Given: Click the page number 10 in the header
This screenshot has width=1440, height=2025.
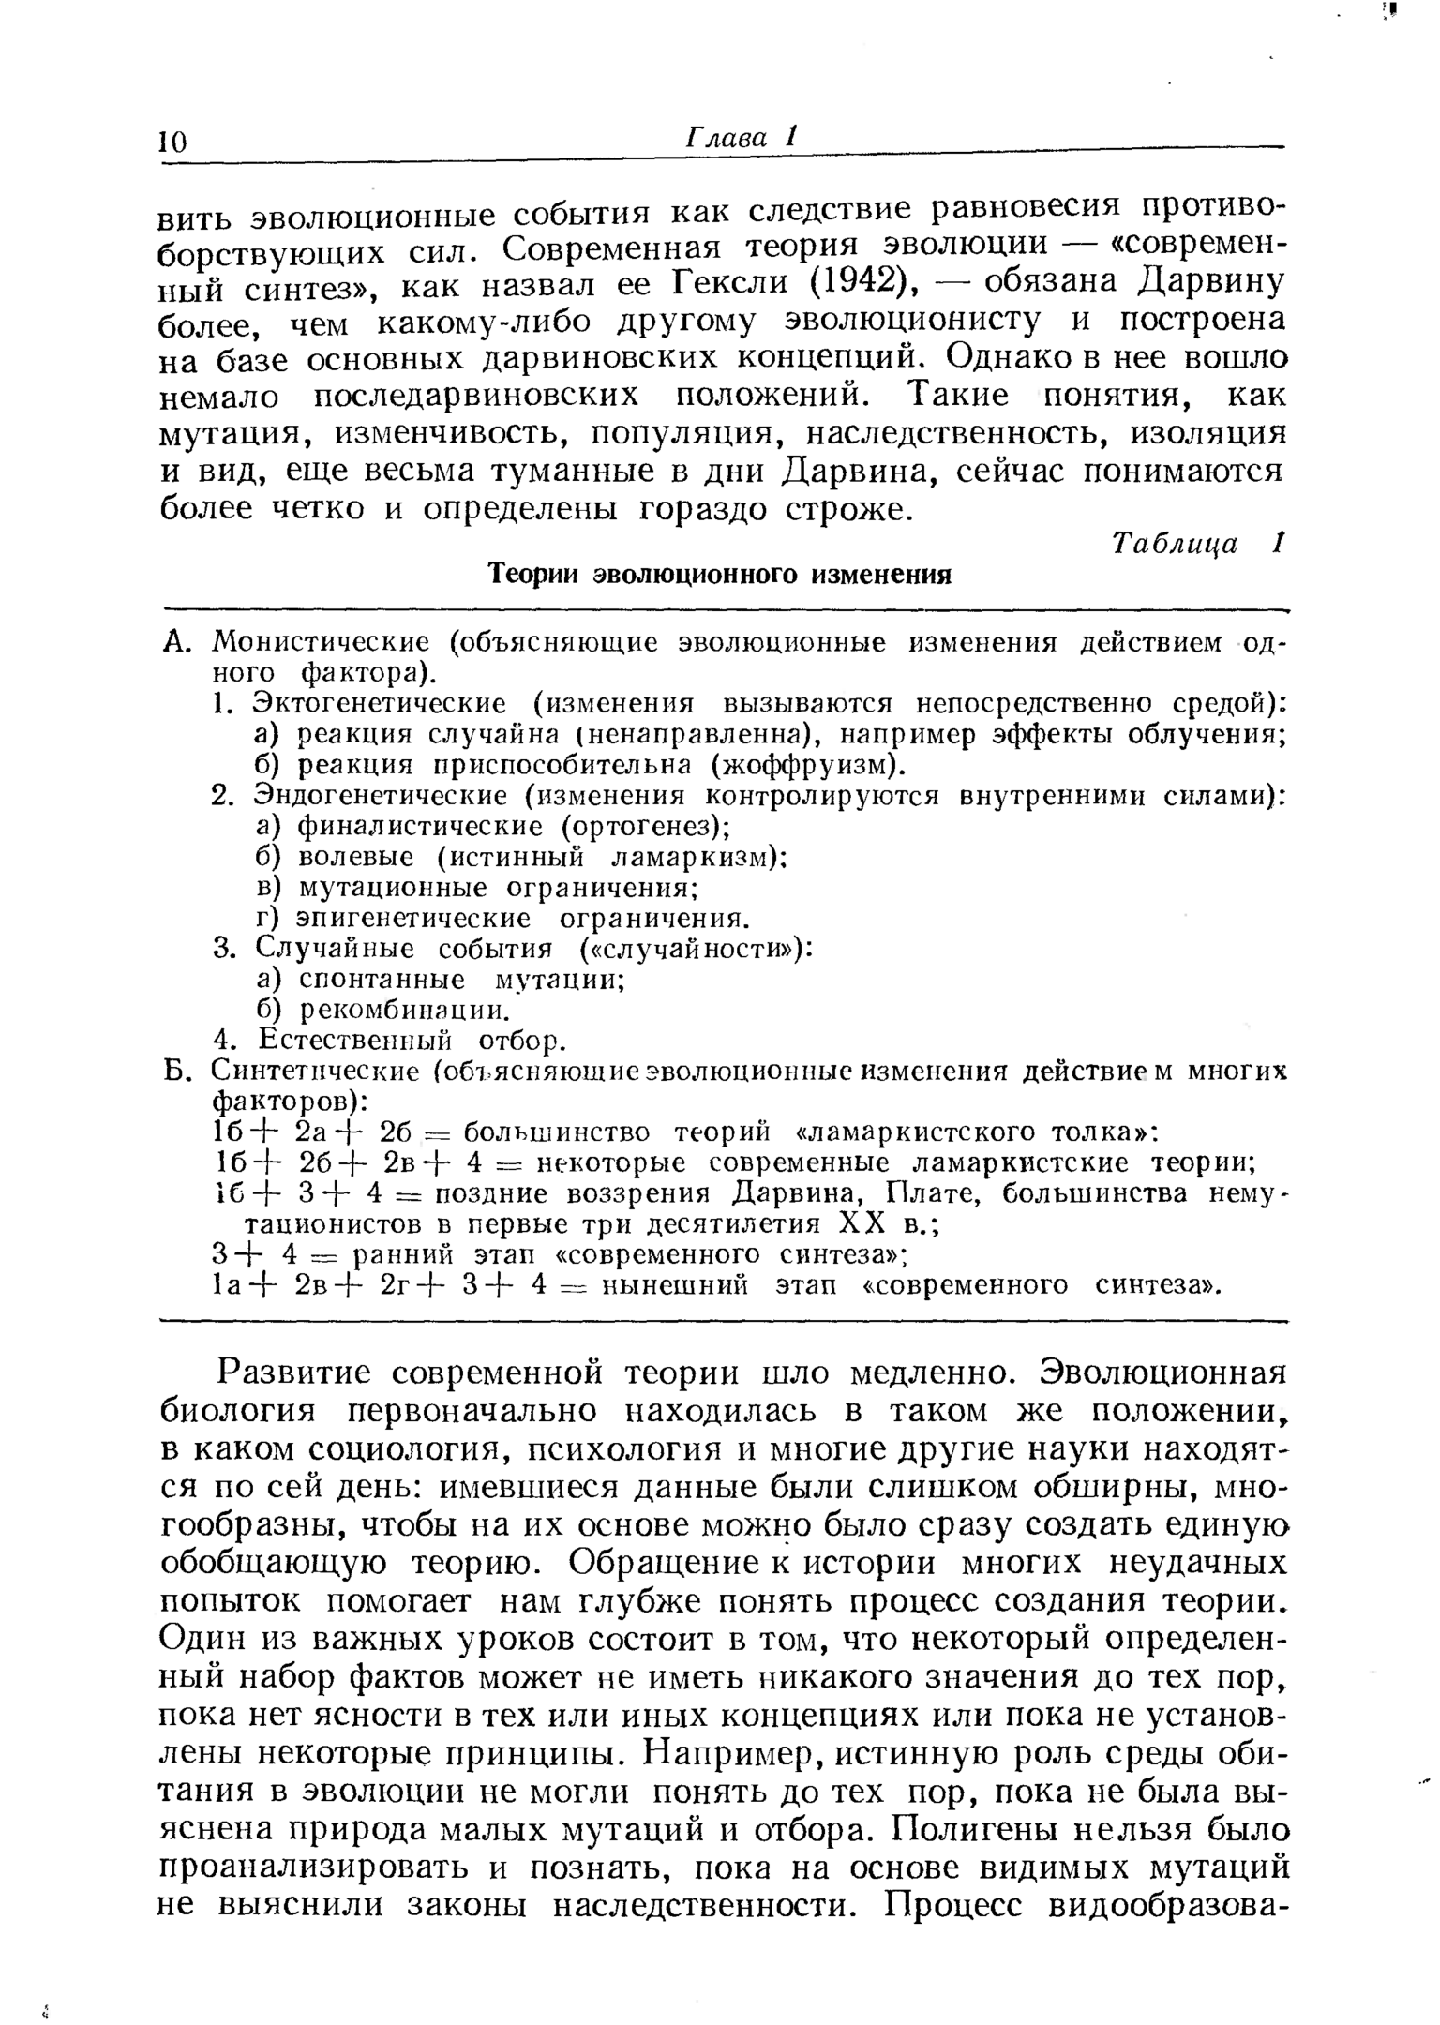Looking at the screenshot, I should pos(173,142).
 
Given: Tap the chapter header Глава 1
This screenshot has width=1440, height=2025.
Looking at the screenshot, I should pos(742,138).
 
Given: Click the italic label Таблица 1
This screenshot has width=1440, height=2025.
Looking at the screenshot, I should pos(1195,544).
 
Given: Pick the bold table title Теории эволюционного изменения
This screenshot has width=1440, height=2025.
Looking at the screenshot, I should pos(721,574).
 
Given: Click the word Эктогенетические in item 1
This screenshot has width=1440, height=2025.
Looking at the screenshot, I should pos(381,703).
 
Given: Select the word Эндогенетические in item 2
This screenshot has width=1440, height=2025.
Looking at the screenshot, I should pos(381,796).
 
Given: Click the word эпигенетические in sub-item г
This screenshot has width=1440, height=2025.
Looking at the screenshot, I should pos(413,918).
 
